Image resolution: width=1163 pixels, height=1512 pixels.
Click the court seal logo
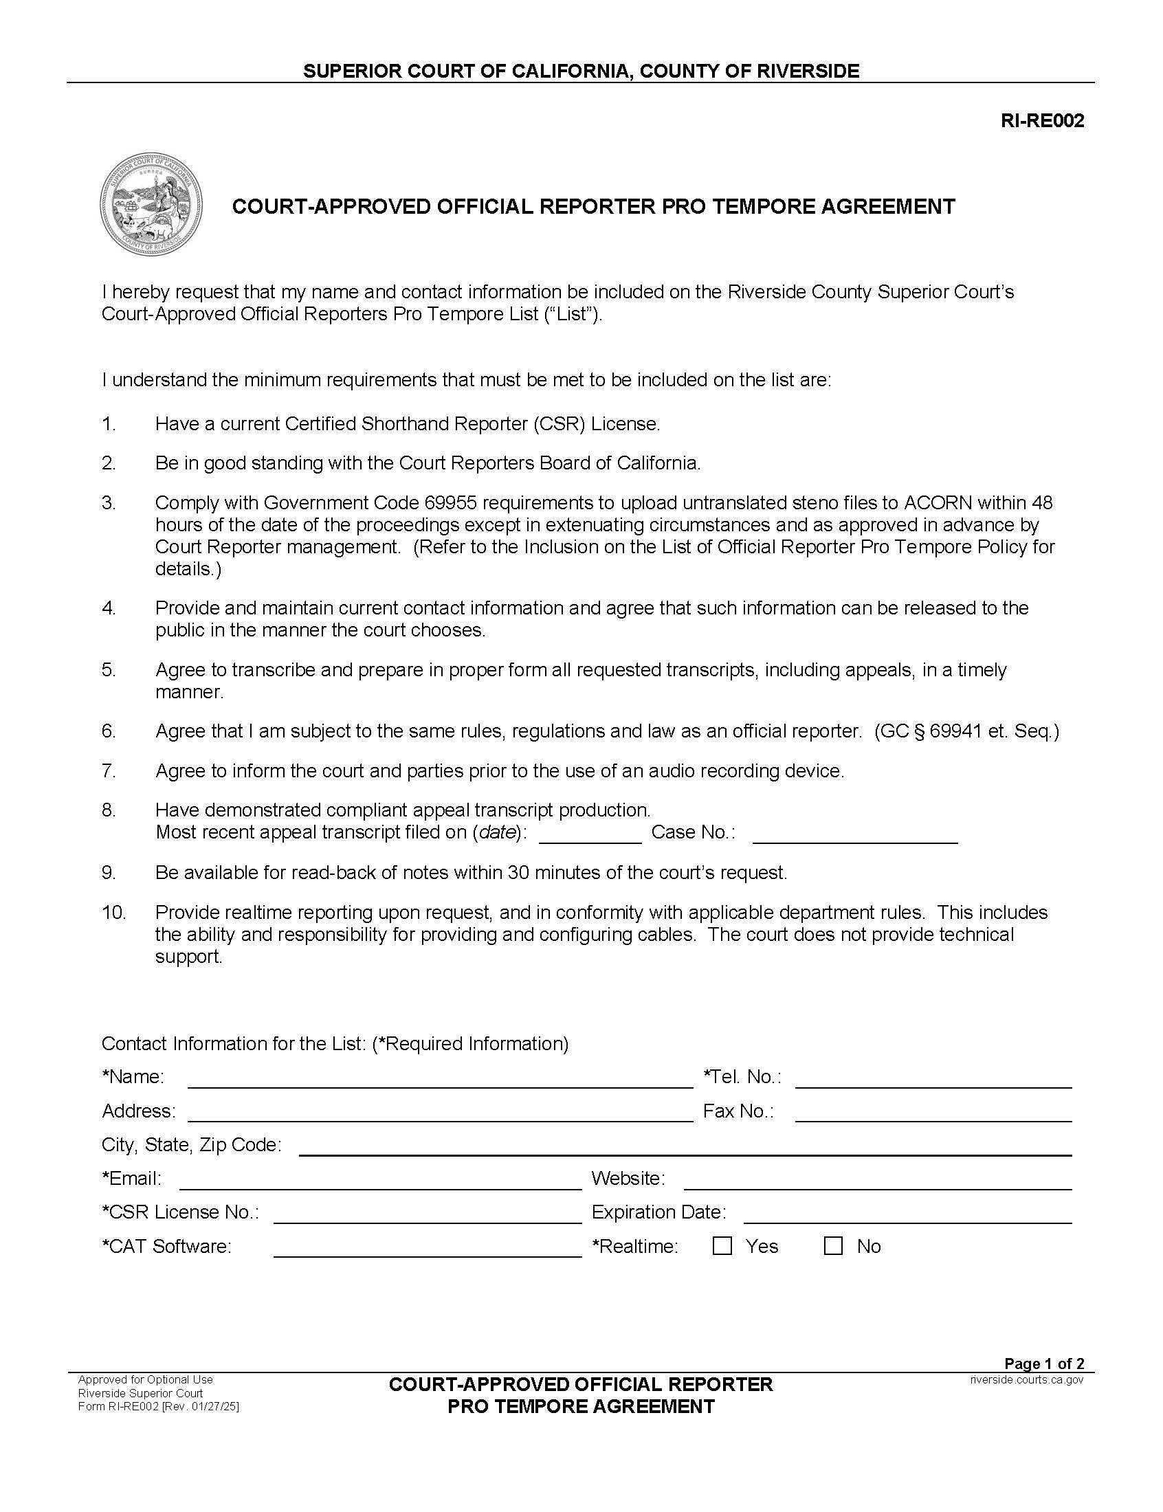coord(151,205)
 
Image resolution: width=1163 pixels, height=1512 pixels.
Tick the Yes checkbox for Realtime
coord(722,1245)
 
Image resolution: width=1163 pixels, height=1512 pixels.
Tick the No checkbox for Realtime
coord(834,1245)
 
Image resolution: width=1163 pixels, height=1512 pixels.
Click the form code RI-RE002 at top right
coord(1042,121)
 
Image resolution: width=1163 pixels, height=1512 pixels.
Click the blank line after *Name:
coord(440,1081)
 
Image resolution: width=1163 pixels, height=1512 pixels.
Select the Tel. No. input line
coord(933,1081)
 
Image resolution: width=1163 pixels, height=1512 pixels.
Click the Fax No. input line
coord(933,1115)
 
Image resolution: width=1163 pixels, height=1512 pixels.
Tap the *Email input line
coord(380,1183)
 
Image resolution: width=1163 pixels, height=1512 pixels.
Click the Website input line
coord(877,1183)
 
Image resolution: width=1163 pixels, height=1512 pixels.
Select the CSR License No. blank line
coord(427,1216)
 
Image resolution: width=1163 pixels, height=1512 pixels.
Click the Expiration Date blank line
coord(907,1216)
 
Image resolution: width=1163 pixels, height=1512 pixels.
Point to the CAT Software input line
coord(427,1250)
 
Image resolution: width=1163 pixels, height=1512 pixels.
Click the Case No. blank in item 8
coord(854,836)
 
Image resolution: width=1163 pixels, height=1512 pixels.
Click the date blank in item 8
coord(590,836)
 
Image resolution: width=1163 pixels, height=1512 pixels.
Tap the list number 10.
coord(114,912)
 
